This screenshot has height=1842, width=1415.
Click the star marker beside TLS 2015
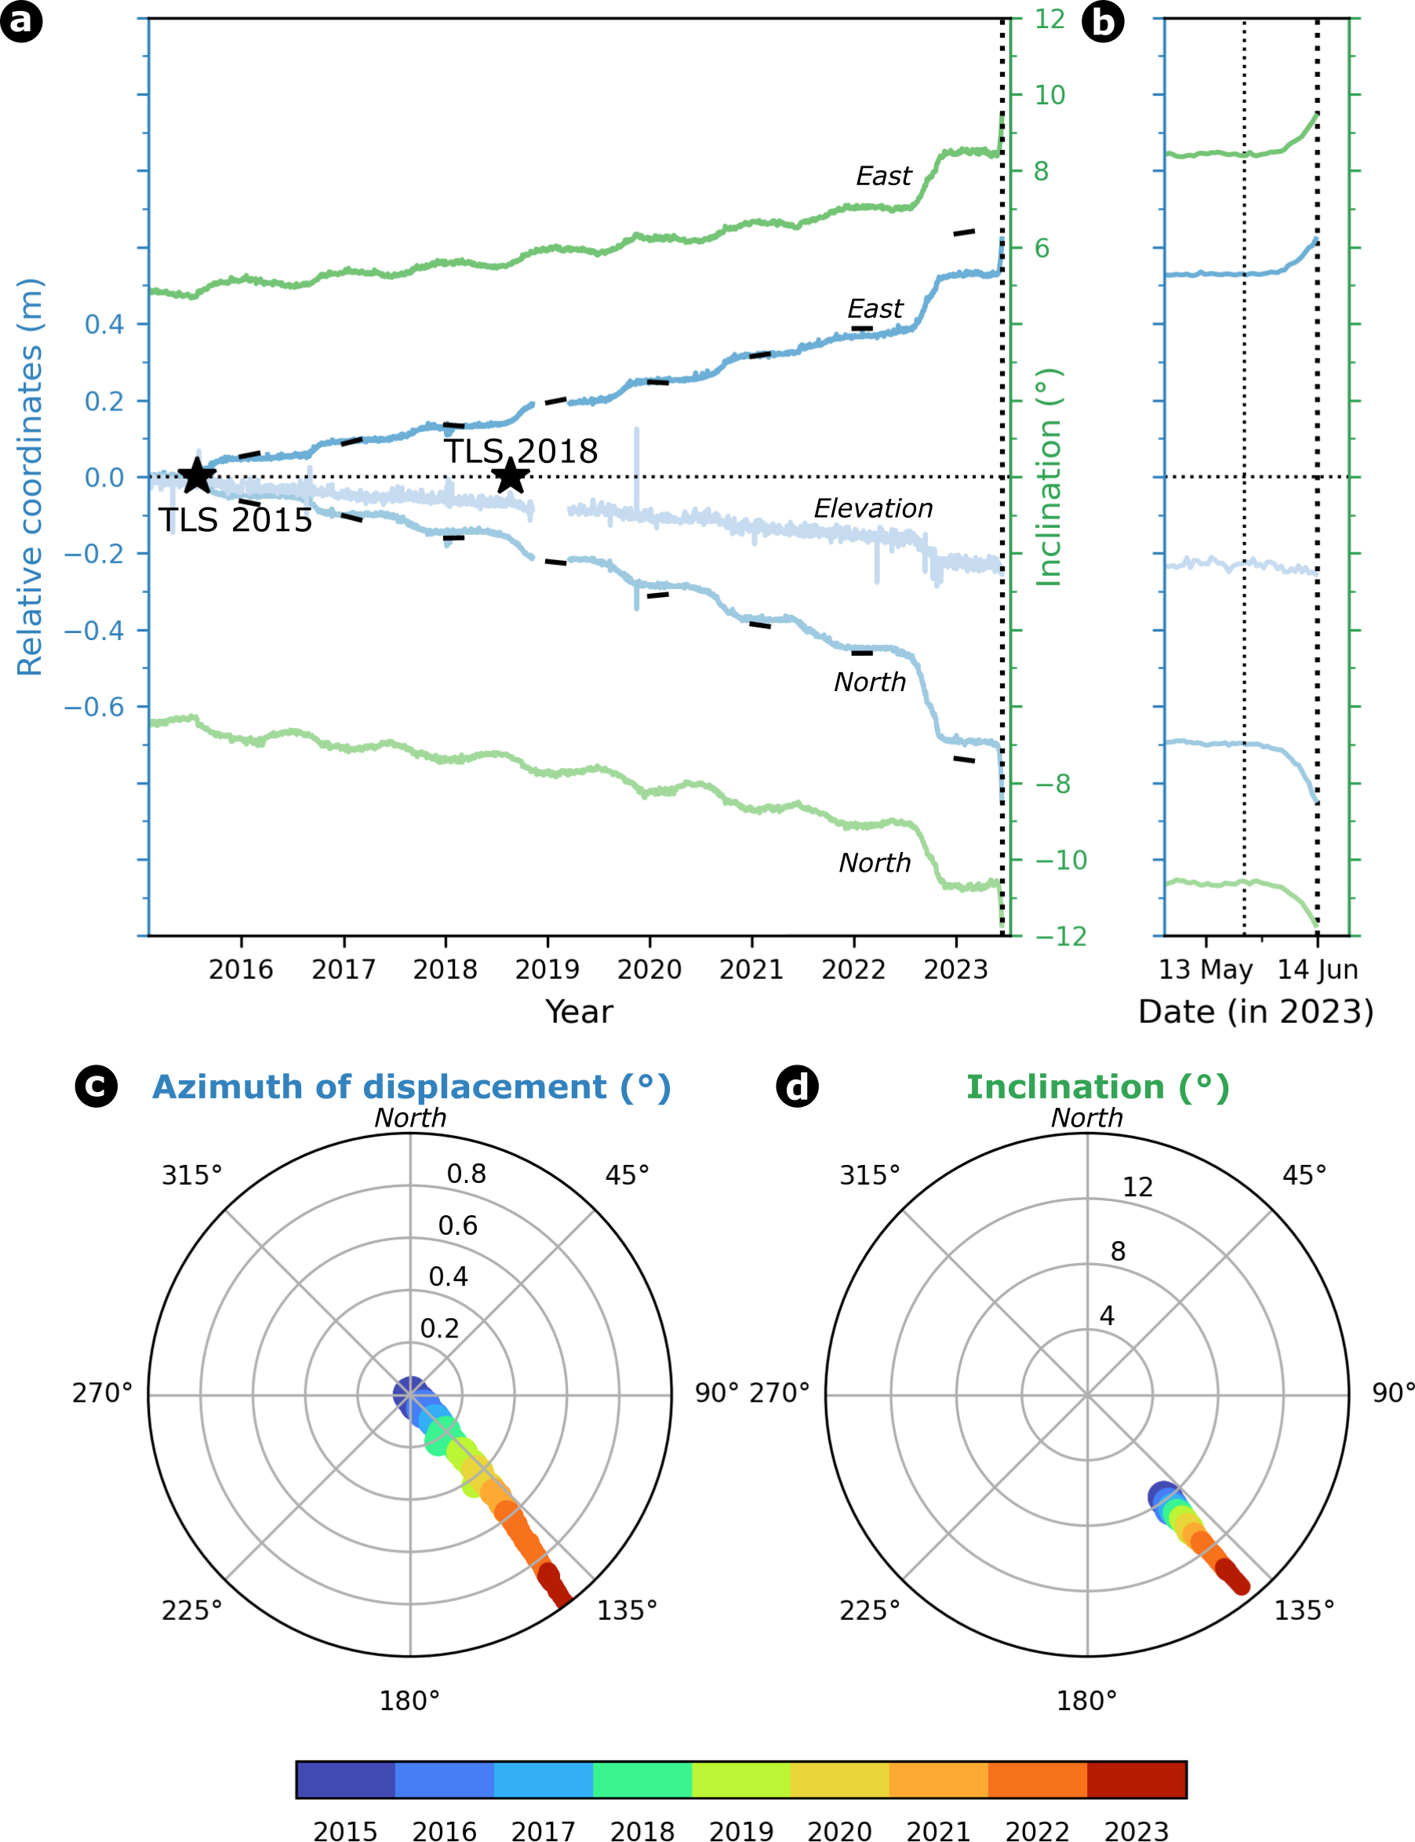[x=196, y=476]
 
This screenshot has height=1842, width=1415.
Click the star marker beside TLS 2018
[x=511, y=476]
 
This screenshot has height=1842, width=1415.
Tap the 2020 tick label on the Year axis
[x=649, y=970]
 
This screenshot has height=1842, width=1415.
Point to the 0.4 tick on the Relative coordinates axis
[x=104, y=323]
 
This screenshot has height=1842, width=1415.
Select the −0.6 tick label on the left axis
[x=93, y=707]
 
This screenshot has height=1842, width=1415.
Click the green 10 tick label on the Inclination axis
[x=1049, y=95]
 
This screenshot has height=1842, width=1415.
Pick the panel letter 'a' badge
[x=21, y=21]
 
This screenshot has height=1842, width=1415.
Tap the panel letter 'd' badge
[x=797, y=1087]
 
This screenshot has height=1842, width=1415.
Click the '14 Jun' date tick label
[x=1317, y=970]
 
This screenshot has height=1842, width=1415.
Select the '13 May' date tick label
[x=1206, y=970]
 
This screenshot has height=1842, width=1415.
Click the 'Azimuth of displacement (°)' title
[x=411, y=1087]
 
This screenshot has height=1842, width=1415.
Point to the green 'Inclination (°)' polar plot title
[x=1097, y=1087]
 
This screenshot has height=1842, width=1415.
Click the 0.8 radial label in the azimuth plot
[x=467, y=1174]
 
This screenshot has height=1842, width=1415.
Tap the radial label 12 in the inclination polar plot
[x=1137, y=1188]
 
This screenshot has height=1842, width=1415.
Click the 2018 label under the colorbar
[x=642, y=1832]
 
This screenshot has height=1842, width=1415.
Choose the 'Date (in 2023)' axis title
[x=1255, y=1011]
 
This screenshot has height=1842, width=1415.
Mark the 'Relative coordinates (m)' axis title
[x=31, y=477]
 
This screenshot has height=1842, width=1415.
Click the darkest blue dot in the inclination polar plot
[x=1162, y=1497]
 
